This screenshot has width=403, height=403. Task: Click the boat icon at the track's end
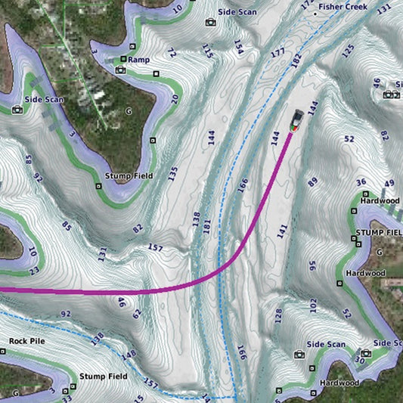tap(298, 122)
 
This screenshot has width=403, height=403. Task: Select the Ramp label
tap(138, 59)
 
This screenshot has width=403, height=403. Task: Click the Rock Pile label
tap(27, 341)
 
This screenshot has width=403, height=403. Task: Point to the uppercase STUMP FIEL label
tap(379, 231)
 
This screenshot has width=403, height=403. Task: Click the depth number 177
tap(278, 52)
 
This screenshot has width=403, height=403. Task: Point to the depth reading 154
tap(239, 48)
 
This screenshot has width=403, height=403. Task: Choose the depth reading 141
tap(283, 231)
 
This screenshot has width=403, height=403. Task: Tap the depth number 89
tap(312, 181)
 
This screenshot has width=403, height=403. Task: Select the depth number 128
tap(277, 315)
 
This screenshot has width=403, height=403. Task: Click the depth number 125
tap(348, 51)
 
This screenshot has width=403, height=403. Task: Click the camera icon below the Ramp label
tap(120, 70)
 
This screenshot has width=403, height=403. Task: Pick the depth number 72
tap(171, 53)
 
